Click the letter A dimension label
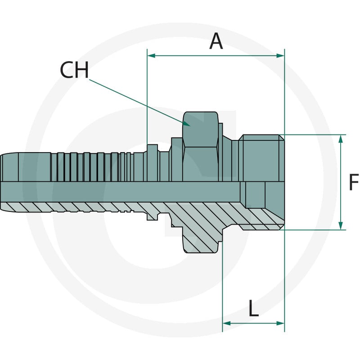pos(216,41)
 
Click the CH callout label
pos(74,70)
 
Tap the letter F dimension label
pos(354,182)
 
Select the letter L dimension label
pos(253,308)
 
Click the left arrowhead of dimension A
pos(152,55)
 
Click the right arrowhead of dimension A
pos(280,55)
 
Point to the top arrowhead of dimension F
pos(341,139)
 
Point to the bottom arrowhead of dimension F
pos(341,225)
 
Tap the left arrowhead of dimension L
pos(227,323)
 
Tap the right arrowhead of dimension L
pos(280,323)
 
